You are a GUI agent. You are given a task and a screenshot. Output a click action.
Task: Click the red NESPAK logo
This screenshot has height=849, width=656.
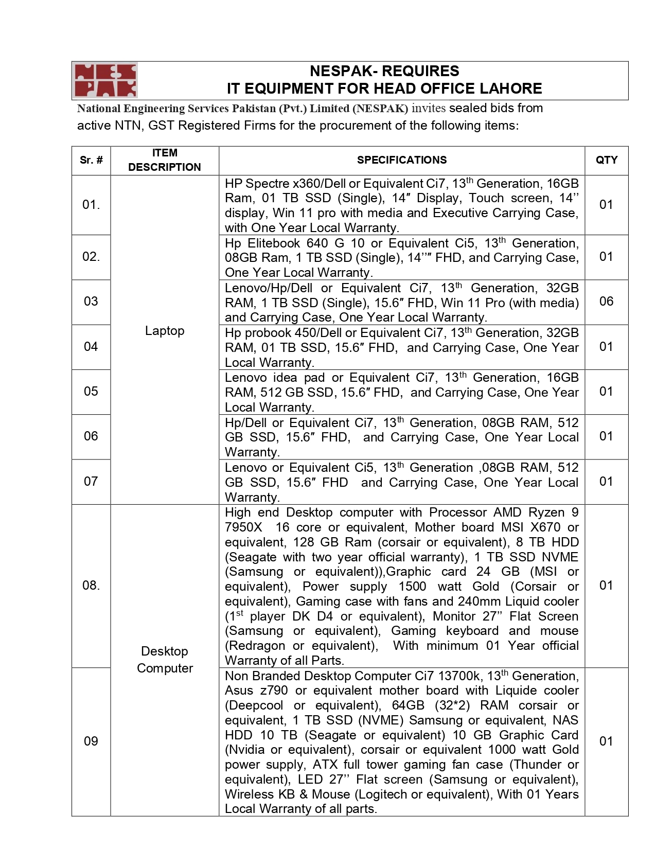(105, 80)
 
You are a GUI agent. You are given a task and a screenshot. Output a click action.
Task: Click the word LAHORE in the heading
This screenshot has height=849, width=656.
(510, 89)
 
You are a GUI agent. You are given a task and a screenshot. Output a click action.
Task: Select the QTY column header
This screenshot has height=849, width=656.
(606, 160)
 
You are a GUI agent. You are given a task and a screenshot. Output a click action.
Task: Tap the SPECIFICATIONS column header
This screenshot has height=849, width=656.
(402, 160)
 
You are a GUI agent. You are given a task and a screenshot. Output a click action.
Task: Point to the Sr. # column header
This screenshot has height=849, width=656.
(91, 160)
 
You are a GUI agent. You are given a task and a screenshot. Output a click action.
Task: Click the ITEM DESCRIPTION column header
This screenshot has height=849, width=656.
(165, 160)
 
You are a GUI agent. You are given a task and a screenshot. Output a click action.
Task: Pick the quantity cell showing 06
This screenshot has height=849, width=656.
(606, 302)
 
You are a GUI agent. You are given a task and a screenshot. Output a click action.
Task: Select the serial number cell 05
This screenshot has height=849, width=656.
(91, 392)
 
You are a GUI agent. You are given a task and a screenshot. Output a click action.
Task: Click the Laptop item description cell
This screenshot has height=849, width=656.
(165, 331)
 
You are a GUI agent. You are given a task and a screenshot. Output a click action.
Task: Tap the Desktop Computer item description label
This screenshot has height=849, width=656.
(165, 660)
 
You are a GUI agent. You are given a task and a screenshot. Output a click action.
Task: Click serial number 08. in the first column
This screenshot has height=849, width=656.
(91, 586)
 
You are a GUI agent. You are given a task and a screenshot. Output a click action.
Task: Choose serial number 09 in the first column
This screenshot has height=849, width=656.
(91, 741)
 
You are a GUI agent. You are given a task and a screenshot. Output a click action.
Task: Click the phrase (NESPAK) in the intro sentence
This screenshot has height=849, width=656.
(380, 109)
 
